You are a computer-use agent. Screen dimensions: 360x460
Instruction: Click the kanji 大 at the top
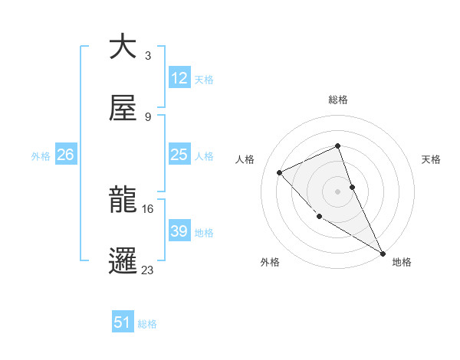(123, 47)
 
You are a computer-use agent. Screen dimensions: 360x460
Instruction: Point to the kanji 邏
(123, 260)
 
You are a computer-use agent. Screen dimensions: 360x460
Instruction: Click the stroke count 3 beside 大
(147, 56)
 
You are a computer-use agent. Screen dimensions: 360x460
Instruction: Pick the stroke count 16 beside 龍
(147, 208)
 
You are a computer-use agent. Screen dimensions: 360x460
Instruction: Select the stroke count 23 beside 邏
(147, 270)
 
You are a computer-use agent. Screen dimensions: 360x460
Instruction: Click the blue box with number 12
(179, 78)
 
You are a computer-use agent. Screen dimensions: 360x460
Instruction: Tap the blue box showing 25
(179, 155)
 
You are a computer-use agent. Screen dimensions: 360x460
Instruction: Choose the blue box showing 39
(179, 231)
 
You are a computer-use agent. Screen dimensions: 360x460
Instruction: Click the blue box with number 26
(65, 155)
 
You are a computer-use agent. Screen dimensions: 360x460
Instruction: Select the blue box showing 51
(123, 322)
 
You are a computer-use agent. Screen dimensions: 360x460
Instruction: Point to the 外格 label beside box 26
(41, 155)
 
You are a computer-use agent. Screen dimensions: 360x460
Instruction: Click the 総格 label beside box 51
(147, 324)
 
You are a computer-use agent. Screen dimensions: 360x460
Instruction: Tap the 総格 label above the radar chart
(338, 100)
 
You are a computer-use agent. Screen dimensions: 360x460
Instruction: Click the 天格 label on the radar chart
(431, 159)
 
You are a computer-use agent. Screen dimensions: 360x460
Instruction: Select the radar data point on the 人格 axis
(280, 172)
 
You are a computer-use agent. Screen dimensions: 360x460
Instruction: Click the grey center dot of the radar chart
(338, 191)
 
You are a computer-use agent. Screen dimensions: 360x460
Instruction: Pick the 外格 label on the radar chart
(270, 262)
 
